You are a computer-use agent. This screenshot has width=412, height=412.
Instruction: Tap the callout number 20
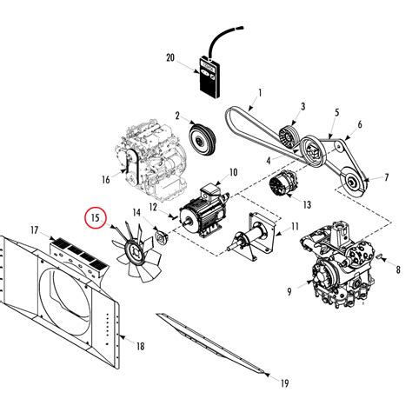(x=170, y=58)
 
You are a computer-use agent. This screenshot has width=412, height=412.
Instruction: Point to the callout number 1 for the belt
(x=260, y=93)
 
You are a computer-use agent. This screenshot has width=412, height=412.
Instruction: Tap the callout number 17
(x=34, y=230)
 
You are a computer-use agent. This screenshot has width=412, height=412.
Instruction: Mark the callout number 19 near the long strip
(x=283, y=381)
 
